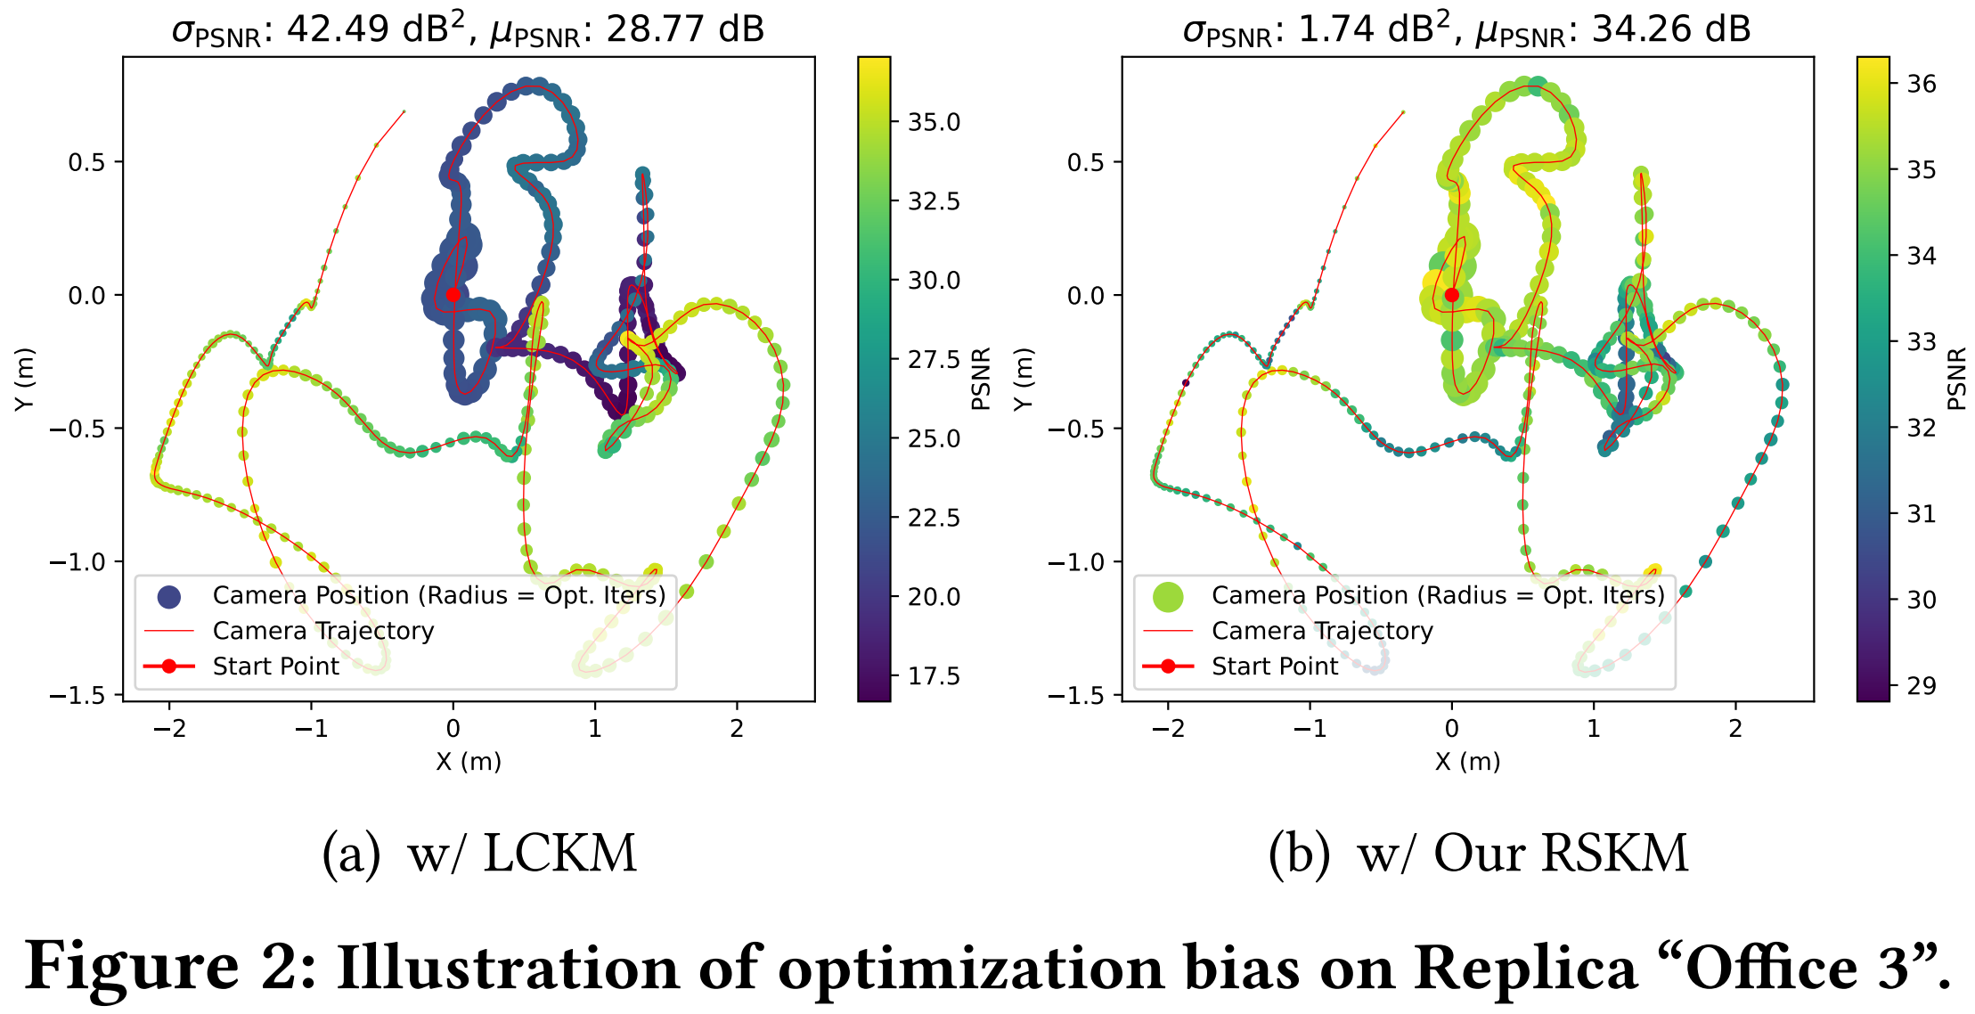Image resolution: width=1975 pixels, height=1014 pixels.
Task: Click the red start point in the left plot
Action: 453,295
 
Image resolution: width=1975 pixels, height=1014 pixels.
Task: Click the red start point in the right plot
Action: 1452,295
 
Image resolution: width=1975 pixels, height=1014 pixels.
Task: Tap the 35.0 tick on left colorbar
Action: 933,122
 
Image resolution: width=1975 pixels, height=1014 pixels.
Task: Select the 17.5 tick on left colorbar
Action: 933,676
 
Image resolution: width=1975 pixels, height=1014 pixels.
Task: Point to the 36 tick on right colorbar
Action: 1922,84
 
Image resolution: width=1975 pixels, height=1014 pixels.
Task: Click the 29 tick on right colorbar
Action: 1922,686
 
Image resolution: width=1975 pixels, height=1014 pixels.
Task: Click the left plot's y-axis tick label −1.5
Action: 78,695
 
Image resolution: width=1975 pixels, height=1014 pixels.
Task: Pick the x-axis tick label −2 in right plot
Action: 1168,729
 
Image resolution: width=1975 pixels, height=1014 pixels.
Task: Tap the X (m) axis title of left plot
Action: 469,762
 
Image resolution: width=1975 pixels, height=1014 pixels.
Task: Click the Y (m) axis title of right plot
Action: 1024,379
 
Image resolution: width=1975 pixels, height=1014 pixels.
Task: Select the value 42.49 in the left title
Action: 338,29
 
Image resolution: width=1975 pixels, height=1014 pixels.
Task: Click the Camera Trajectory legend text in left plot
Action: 323,631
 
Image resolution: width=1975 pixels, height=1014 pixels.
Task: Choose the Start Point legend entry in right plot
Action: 1275,666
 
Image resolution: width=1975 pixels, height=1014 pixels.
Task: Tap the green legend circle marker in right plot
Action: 1167,596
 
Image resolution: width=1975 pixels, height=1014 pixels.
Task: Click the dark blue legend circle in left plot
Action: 168,596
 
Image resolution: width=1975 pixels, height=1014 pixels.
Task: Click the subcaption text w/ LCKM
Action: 522,854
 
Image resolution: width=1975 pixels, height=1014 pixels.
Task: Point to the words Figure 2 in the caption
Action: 169,968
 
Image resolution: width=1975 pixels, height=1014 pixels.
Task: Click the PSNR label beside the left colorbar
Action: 981,379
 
